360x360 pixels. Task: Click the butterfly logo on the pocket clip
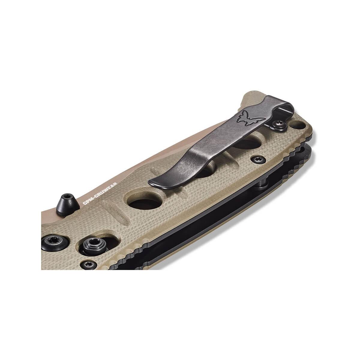[250, 118]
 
